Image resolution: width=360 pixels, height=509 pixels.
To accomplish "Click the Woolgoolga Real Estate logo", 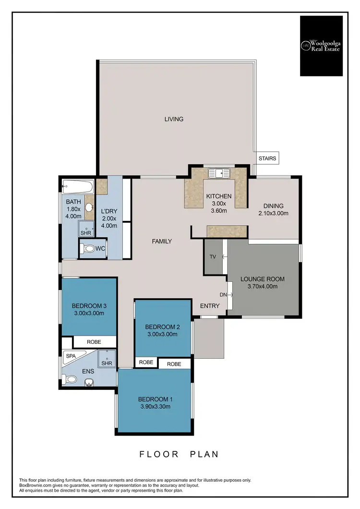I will (321, 46).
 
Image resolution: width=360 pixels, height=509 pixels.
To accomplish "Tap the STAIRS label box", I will (267, 158).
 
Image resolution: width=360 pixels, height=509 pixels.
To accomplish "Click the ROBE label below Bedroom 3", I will (94, 342).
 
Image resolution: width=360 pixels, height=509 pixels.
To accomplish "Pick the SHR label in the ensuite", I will (107, 363).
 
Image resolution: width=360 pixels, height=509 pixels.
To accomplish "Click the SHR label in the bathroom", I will (85, 233).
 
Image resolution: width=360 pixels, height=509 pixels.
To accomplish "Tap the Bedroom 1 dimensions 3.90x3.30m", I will (155, 407).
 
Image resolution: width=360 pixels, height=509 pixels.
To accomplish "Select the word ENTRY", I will (210, 305).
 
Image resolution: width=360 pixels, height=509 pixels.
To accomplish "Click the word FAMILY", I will (162, 241).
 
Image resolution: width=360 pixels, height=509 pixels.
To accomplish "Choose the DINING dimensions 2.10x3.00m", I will (273, 213).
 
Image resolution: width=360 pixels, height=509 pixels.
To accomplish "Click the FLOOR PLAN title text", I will (179, 454).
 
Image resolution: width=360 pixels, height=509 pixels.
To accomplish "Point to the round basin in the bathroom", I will (89, 207).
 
